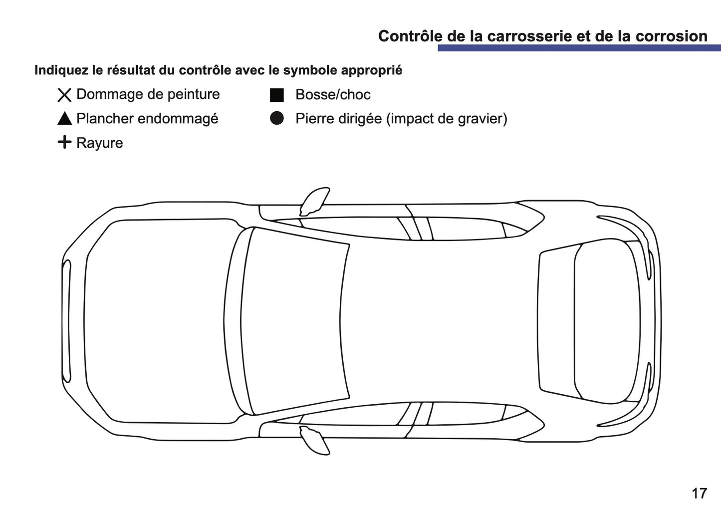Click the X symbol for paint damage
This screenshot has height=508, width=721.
pyautogui.click(x=64, y=95)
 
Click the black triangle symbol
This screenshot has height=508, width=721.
pyautogui.click(x=65, y=119)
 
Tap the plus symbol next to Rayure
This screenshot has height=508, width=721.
pyautogui.click(x=65, y=142)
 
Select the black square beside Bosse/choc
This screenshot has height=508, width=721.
pyautogui.click(x=277, y=95)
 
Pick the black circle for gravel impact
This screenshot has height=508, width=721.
pyautogui.click(x=277, y=118)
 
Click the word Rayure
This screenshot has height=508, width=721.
pyautogui.click(x=99, y=143)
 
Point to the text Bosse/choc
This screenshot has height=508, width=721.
pyautogui.click(x=333, y=95)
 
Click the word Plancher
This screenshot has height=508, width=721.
pyautogui.click(x=105, y=119)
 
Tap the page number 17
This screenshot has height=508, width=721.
pyautogui.click(x=699, y=493)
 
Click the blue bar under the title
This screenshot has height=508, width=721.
pyautogui.click(x=579, y=48)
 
